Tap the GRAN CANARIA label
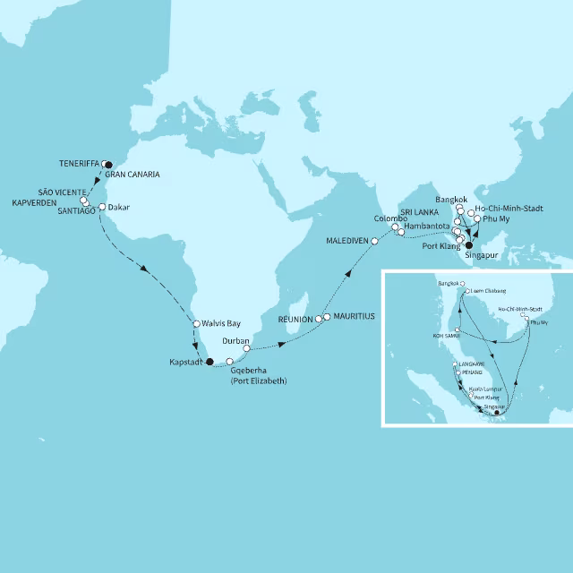[133, 175]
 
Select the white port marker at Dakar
[102, 207]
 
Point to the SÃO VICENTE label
[62, 192]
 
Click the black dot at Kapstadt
[210, 362]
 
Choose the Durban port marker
[247, 348]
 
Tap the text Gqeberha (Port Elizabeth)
[259, 373]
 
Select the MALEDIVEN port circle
[375, 242]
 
